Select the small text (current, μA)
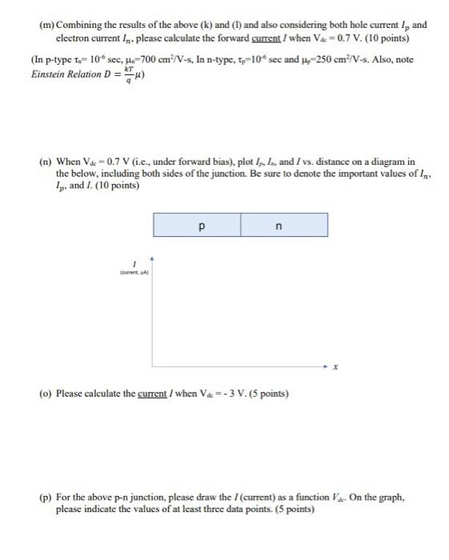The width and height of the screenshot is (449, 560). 138,274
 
